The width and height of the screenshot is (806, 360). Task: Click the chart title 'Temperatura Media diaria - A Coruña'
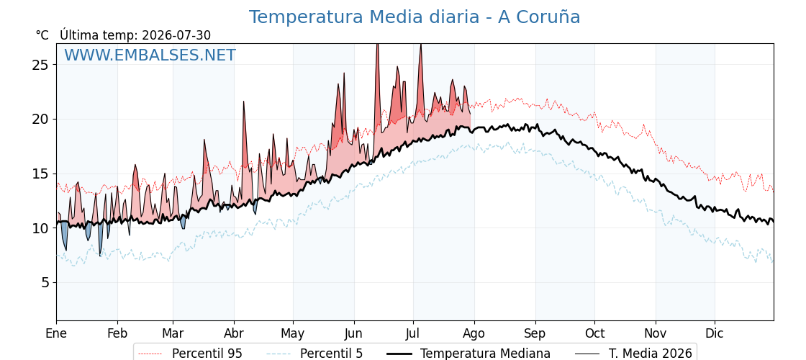pos(415,17)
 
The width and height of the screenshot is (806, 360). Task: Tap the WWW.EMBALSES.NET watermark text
pos(150,55)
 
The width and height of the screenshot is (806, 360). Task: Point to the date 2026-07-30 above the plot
pos(176,35)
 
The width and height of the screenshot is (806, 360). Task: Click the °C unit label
pos(42,35)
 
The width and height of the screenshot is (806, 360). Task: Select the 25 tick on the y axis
pos(42,65)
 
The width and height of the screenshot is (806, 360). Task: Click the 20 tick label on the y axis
pos(42,120)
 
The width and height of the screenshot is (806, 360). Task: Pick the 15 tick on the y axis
pos(42,174)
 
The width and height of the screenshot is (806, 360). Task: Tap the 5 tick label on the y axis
pos(46,283)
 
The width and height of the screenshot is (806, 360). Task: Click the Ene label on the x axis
pos(56,333)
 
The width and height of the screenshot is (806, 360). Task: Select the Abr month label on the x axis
pos(234,333)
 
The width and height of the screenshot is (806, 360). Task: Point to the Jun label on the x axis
pos(353,333)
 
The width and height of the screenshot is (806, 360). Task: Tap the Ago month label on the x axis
pos(474,333)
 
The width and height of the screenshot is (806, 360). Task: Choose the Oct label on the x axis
pos(594,333)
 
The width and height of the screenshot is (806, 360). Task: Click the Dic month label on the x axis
pos(715,333)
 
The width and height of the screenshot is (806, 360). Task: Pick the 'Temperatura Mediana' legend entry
pos(468,354)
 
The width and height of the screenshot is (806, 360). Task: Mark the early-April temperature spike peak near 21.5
pos(244,102)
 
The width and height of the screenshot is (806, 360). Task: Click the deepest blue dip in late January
pos(101,255)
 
